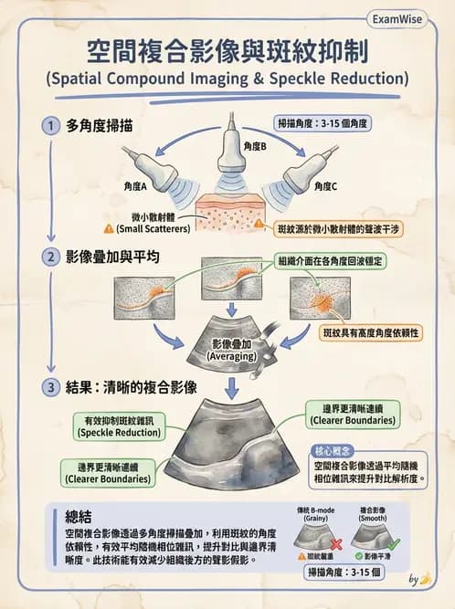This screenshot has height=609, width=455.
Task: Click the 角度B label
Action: pyautogui.click(x=256, y=145)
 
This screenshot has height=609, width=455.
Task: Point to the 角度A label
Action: pyautogui.click(x=135, y=186)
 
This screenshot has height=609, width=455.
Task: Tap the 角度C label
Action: pyautogui.click(x=325, y=186)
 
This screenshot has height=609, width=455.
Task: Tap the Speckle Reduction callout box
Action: pyautogui.click(x=120, y=426)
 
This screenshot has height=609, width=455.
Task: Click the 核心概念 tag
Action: pyautogui.click(x=332, y=451)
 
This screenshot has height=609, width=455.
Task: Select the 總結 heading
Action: pyautogui.click(x=82, y=514)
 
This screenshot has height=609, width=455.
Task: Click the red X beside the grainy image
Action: pyautogui.click(x=336, y=541)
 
